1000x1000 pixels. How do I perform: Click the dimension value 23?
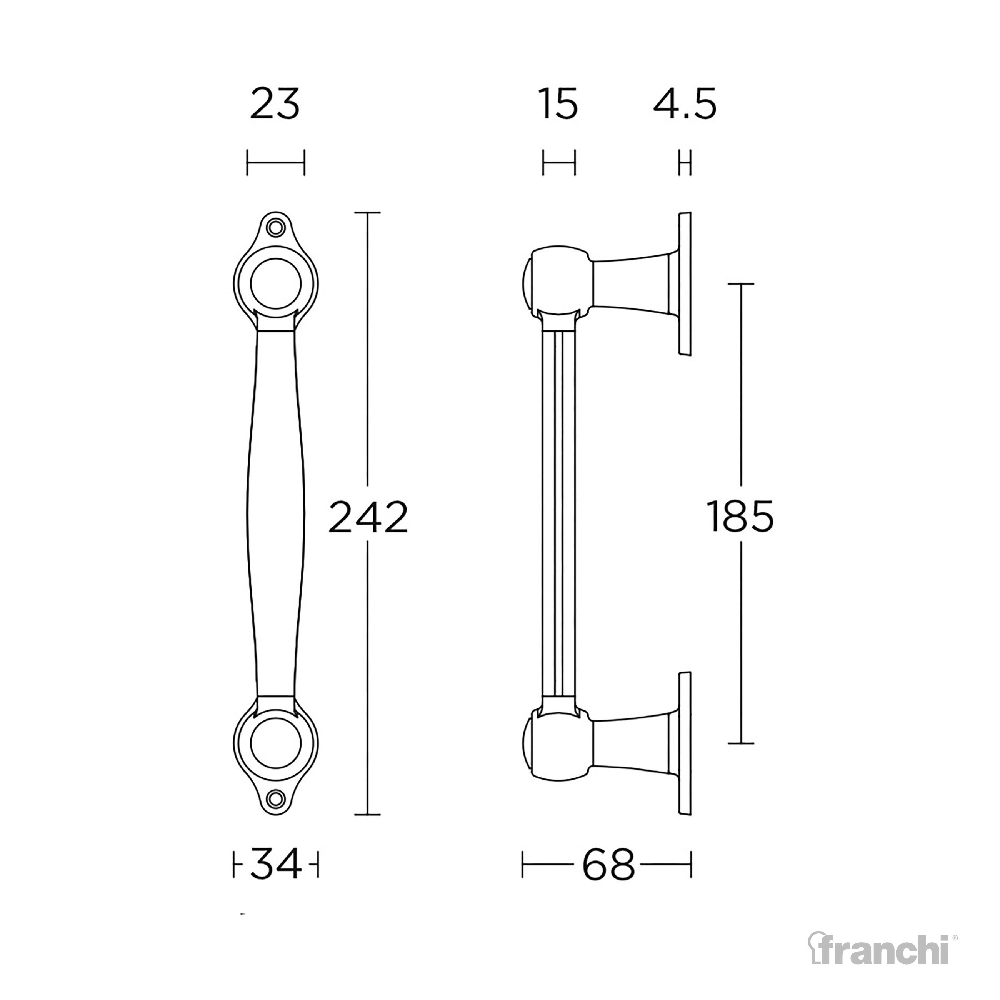[x=275, y=105]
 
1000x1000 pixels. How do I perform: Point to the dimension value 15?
[x=558, y=105]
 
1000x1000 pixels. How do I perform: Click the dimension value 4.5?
[x=684, y=105]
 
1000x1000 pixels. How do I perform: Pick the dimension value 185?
[x=741, y=517]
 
